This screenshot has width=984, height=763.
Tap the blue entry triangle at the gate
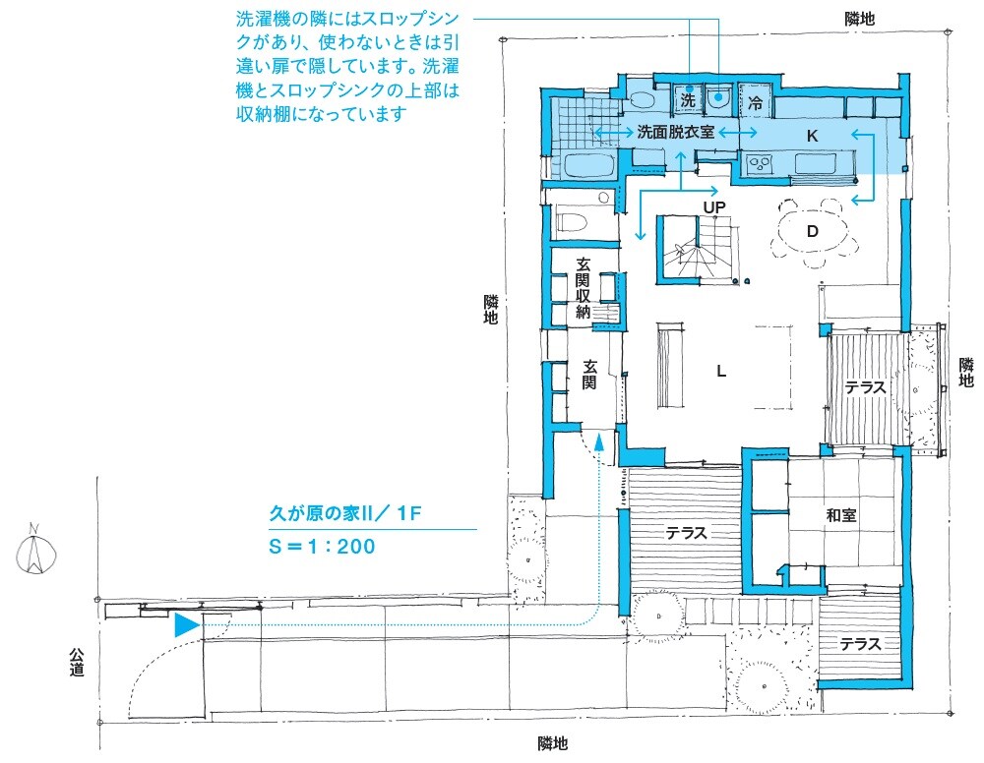(x=186, y=625)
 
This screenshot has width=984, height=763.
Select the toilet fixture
(x=572, y=222)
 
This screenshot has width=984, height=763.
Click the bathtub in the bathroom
(x=589, y=165)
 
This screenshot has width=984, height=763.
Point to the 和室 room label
(x=841, y=515)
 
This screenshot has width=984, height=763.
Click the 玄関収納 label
(x=583, y=287)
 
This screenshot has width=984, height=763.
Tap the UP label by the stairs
(x=714, y=206)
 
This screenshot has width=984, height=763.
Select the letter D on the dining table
(x=812, y=231)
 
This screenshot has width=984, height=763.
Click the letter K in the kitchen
(x=812, y=136)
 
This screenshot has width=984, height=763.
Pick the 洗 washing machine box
(x=689, y=99)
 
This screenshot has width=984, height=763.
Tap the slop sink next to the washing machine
(x=719, y=99)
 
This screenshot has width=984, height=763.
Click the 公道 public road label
(x=77, y=662)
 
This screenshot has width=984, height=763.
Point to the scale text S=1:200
(x=322, y=546)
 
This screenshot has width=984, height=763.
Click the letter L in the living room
(x=721, y=371)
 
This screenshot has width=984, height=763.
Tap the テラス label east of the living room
(x=865, y=387)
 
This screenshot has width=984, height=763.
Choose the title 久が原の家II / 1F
(x=344, y=514)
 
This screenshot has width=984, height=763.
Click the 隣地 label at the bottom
(x=552, y=743)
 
